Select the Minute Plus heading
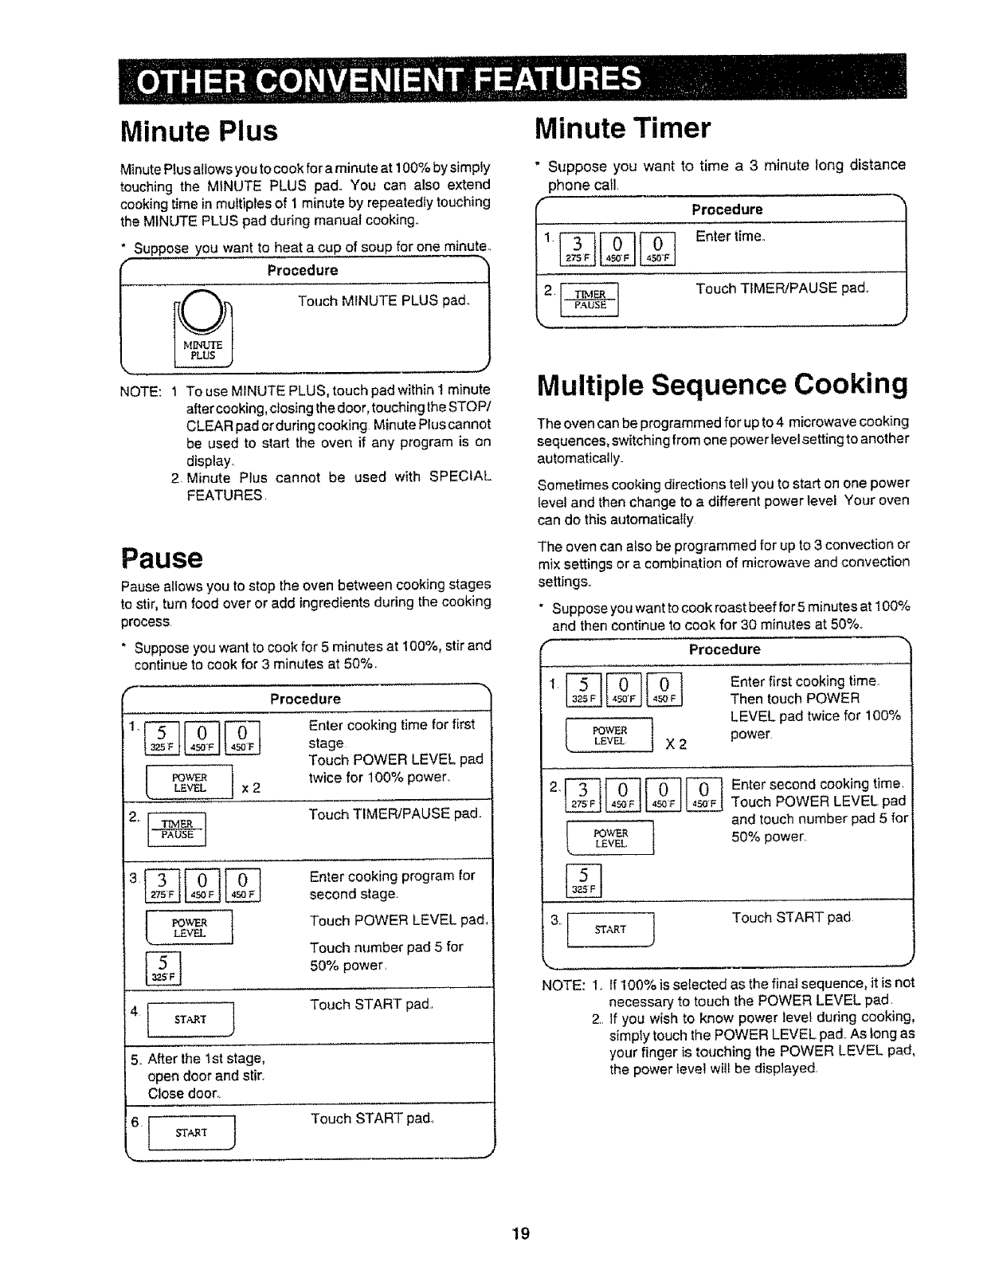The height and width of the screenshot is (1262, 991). [199, 131]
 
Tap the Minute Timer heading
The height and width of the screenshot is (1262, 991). [623, 127]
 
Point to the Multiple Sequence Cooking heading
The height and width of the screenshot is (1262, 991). [723, 384]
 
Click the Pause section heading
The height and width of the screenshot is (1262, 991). [162, 558]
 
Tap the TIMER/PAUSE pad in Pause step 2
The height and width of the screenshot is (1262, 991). [178, 829]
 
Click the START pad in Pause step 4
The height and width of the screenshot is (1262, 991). [191, 1019]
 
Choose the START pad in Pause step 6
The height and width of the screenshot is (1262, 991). [191, 1132]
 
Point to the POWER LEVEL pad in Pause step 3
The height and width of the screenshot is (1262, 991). [190, 927]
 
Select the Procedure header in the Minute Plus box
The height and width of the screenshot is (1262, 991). [303, 270]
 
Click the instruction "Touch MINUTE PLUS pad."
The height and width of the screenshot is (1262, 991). [384, 300]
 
